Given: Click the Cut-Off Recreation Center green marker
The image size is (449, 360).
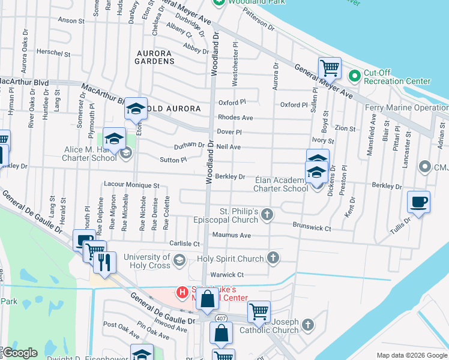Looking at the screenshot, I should tap(354, 76).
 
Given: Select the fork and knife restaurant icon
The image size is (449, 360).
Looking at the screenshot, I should tap(104, 262).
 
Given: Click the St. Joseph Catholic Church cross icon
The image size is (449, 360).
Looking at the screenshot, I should tap(307, 325).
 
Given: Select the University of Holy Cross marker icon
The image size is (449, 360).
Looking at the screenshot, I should tap(179, 259).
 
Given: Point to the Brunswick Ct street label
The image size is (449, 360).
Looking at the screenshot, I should tap(312, 228).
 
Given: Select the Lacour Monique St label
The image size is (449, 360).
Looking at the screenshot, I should tap(131, 186).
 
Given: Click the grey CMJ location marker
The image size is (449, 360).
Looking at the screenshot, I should tap(426, 166).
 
